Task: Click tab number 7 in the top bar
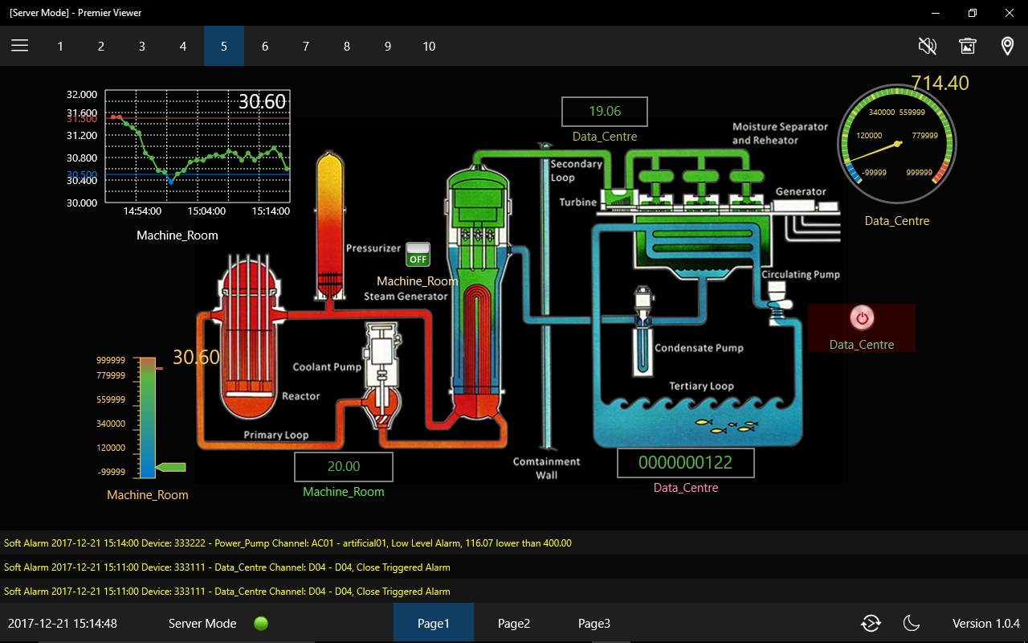click(306, 46)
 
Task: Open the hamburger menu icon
click(20, 46)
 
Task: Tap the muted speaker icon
click(927, 46)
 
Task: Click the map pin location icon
click(1007, 46)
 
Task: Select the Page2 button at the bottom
click(513, 623)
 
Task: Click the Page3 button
click(594, 623)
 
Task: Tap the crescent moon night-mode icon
click(911, 623)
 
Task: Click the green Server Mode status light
click(261, 623)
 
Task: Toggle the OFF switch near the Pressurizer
click(418, 255)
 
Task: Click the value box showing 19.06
click(605, 111)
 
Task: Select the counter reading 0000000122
click(685, 462)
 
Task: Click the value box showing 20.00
click(343, 467)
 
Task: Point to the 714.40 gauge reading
click(940, 83)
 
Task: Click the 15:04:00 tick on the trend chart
click(206, 211)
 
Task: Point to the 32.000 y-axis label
click(82, 94)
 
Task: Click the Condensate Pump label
click(699, 348)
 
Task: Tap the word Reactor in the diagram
click(300, 396)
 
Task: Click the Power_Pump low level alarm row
click(288, 543)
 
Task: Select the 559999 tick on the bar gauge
click(111, 399)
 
